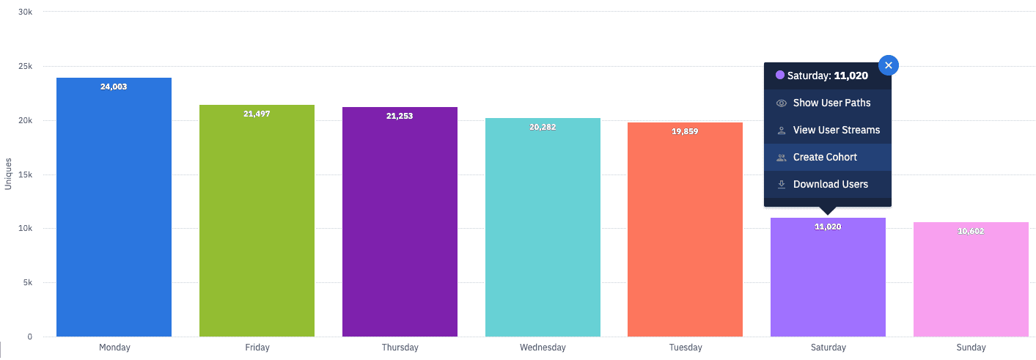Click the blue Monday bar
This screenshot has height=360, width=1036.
[114, 213]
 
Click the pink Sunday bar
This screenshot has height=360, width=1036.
[971, 282]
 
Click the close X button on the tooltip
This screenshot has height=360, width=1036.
[888, 65]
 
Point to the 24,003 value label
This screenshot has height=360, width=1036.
[114, 87]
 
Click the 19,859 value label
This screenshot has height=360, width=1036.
[685, 131]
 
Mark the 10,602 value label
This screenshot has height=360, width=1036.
[971, 231]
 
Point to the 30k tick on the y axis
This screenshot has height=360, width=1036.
[25, 12]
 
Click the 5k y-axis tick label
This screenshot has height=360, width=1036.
[27, 283]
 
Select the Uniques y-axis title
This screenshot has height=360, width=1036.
[8, 175]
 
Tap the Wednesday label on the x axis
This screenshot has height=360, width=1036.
[543, 348]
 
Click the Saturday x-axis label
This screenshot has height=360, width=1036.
[828, 348]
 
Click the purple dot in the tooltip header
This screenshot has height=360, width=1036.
[780, 75]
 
